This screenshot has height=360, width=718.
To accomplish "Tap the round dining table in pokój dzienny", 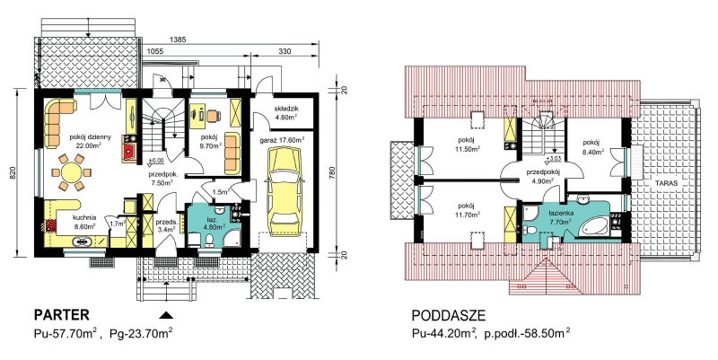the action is pyautogui.click(x=71, y=172).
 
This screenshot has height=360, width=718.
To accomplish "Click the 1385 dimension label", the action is pyautogui.click(x=178, y=40).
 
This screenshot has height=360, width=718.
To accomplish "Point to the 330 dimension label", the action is pyautogui.click(x=285, y=52).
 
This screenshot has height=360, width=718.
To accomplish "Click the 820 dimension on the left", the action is pyautogui.click(x=13, y=172).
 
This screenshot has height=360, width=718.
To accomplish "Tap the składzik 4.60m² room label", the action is pyautogui.click(x=286, y=113).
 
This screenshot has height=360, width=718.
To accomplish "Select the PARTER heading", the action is pyautogui.click(x=61, y=315).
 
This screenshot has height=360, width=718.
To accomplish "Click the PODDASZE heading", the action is pyautogui.click(x=448, y=316).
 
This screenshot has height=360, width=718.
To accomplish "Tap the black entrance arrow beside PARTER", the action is pyautogui.click(x=167, y=314).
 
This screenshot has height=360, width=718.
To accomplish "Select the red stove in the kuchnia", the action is pyautogui.click(x=49, y=225).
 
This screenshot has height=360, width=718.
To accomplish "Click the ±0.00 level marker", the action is pyautogui.click(x=156, y=161).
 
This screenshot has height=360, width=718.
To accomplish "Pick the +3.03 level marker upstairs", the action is pyautogui.click(x=553, y=160).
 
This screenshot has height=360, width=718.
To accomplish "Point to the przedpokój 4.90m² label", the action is pyautogui.click(x=543, y=176).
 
